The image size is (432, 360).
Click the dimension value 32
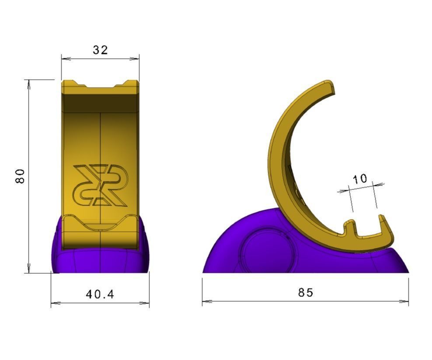[100, 50]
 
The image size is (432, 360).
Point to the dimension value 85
[306, 292]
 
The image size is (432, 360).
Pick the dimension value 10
[360, 179]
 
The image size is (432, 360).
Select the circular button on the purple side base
[264, 251]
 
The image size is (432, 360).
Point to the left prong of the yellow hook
[349, 227]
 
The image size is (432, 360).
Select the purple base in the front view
[100, 260]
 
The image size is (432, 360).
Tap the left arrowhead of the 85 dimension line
[205, 301]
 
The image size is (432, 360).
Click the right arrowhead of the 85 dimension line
[407, 301]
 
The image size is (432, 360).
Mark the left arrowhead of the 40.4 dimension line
[53, 302]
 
